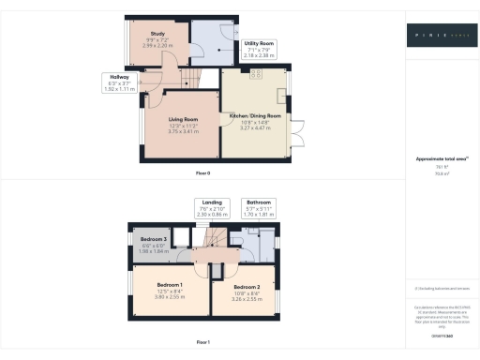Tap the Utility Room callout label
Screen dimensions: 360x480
(259, 43)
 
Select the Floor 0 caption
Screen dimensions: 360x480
(202, 173)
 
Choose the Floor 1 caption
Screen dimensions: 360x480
(202, 342)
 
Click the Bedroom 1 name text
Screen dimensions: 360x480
(170, 283)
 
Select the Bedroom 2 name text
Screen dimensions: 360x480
(247, 286)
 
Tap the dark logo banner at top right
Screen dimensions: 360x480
(440, 38)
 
